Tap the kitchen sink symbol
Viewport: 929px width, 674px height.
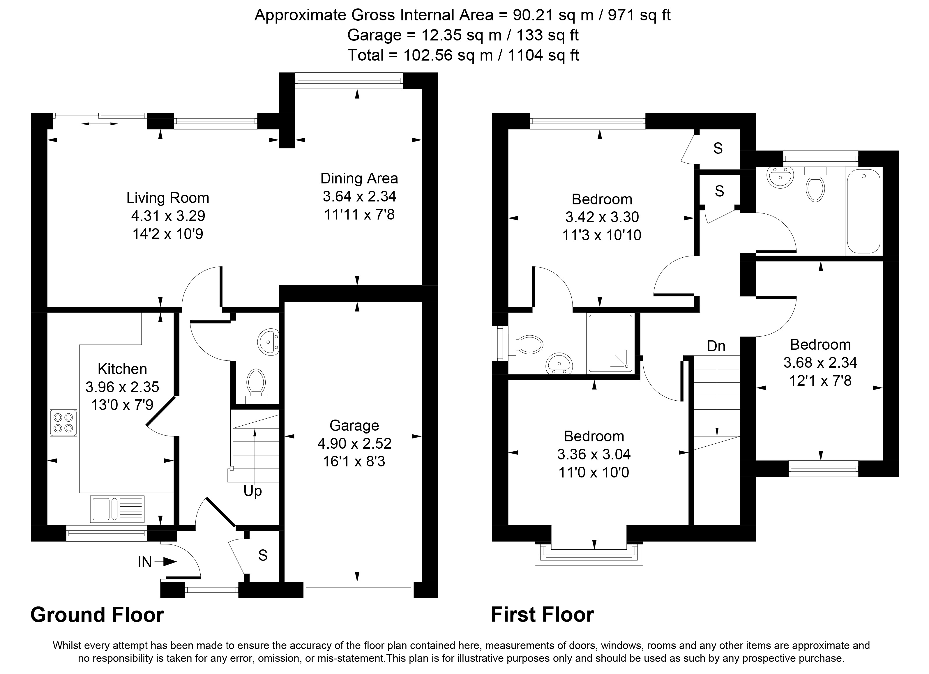117,509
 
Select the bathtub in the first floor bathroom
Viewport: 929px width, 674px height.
863,211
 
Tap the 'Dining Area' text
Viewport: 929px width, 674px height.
359,178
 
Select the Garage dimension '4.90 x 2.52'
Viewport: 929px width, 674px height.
354,443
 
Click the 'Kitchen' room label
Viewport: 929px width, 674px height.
122,369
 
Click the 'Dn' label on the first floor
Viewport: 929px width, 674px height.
716,346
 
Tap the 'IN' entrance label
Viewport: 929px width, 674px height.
145,562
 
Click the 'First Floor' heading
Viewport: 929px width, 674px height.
542,615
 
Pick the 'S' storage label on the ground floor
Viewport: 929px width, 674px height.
263,555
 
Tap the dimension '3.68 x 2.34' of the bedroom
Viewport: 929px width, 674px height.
820,363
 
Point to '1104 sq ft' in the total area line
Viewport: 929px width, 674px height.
543,55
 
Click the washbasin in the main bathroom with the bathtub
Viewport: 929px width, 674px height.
780,177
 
